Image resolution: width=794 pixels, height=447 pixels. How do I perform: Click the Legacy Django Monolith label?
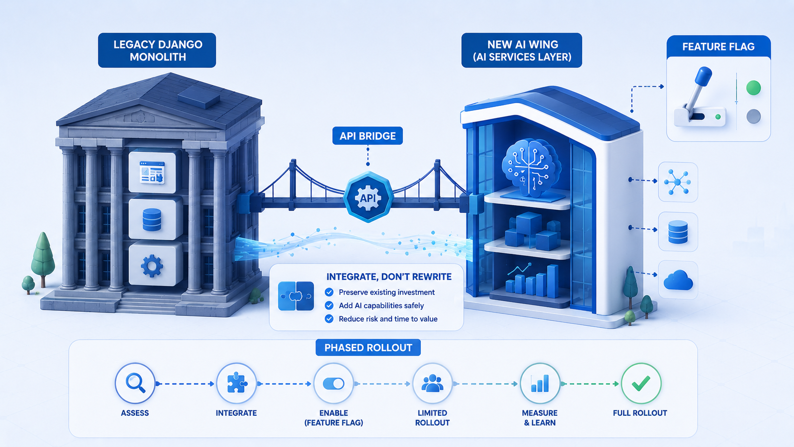click(157, 50)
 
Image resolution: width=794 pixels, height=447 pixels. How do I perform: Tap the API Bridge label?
click(368, 136)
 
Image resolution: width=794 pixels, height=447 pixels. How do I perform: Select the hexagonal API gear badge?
click(369, 197)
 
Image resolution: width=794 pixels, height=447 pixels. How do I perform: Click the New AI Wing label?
click(522, 50)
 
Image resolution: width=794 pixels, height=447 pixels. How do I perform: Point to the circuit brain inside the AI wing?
click(531, 167)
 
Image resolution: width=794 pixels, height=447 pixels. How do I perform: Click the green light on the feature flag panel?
click(753, 87)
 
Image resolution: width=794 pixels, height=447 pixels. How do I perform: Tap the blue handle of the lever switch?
click(703, 76)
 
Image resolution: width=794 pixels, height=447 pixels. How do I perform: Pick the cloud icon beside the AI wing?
click(678, 280)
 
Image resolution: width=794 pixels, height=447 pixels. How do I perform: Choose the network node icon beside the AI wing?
click(678, 182)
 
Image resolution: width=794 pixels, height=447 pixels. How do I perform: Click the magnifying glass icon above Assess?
click(135, 383)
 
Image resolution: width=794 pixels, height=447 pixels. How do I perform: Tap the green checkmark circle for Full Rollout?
click(641, 383)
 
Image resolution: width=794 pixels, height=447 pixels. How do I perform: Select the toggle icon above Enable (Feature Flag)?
click(333, 383)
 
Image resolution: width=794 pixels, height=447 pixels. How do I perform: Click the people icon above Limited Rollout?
click(433, 383)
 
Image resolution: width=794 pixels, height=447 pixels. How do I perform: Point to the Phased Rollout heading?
click(369, 347)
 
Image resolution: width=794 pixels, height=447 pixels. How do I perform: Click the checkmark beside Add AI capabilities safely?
click(329, 305)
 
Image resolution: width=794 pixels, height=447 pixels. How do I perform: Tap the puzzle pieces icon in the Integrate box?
click(296, 296)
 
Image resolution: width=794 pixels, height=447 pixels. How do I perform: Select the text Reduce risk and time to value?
click(388, 319)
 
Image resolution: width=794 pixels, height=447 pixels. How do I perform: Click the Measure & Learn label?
click(539, 418)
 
